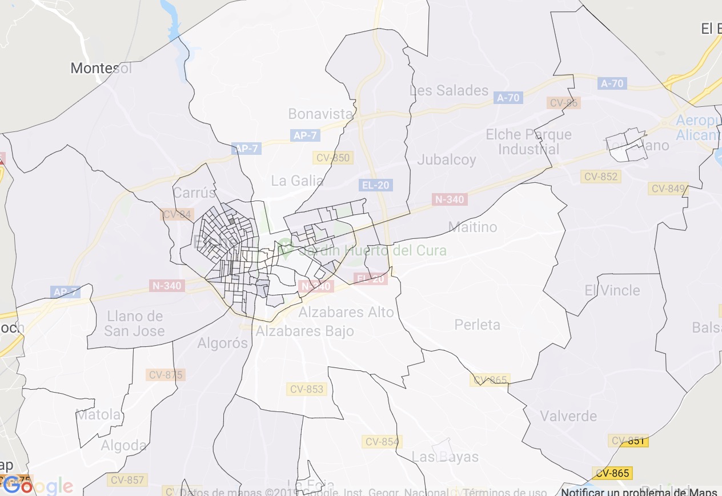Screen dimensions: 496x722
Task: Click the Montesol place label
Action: coord(101,69)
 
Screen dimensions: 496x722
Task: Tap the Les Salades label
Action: coord(449,90)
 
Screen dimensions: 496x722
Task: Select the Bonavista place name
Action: coord(320,114)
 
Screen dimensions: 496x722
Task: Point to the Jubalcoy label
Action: coord(447,159)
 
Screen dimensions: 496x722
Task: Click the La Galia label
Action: coord(297,181)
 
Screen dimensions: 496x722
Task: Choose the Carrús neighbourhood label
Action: coord(195,192)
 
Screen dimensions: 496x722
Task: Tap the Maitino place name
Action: coord(472,227)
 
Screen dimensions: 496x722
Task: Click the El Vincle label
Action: coord(612,290)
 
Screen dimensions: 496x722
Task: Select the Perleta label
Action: coord(478,325)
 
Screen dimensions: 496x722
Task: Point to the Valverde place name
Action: coord(568,416)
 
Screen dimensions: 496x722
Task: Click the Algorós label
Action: coord(223,343)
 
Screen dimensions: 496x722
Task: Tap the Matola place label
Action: coord(99,414)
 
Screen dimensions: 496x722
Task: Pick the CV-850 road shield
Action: coord(333,158)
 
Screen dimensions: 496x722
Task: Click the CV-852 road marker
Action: coord(601,177)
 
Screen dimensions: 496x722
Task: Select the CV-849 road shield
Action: coord(668,189)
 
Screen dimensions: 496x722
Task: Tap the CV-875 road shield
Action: coord(165,375)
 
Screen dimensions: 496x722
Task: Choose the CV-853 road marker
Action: coord(307,389)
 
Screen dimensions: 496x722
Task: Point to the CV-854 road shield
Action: coord(382,442)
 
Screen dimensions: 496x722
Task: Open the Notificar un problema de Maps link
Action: coord(639,491)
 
